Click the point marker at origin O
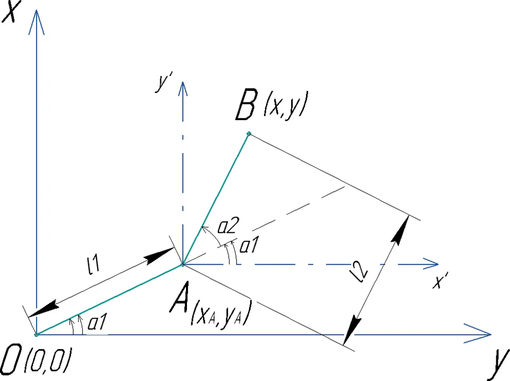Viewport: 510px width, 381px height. pyautogui.click(x=37, y=334)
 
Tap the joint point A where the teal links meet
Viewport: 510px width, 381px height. pyautogui.click(x=183, y=265)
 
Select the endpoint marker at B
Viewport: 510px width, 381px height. pyautogui.click(x=249, y=133)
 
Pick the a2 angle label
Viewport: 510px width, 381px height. pyautogui.click(x=228, y=225)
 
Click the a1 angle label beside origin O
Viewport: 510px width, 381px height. pyautogui.click(x=97, y=323)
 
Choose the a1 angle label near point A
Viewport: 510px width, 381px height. pyautogui.click(x=249, y=244)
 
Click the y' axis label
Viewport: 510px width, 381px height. pyautogui.click(x=163, y=81)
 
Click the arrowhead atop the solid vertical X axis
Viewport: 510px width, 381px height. pyautogui.click(x=37, y=21)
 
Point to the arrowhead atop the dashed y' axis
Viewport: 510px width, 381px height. pyautogui.click(x=183, y=89)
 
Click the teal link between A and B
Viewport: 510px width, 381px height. pyautogui.click(x=216, y=199)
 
